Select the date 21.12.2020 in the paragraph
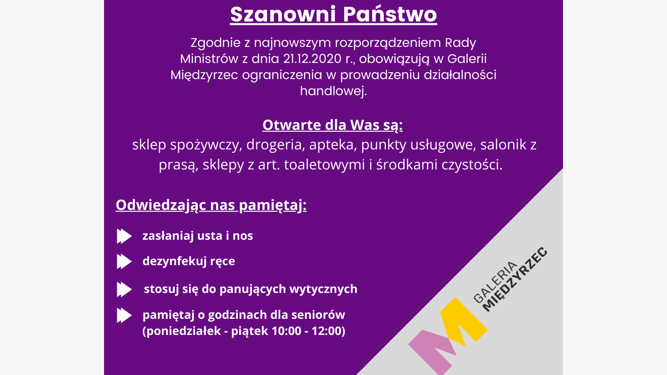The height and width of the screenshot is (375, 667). [312, 59]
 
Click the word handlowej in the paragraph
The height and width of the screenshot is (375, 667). [333, 90]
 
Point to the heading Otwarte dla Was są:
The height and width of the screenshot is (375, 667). [333, 125]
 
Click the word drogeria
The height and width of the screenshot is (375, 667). [274, 145]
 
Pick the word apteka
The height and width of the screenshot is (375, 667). [331, 145]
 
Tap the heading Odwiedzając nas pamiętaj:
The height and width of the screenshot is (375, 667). [211, 205]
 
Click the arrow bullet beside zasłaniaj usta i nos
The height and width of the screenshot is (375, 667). [124, 236]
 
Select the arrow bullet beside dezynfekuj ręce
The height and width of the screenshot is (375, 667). [124, 262]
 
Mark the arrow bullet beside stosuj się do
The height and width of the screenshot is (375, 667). [124, 290]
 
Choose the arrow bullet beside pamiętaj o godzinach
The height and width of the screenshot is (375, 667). [124, 315]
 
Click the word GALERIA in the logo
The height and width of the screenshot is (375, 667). [495, 282]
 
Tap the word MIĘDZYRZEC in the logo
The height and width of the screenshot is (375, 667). [515, 279]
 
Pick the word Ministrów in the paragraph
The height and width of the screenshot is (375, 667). [209, 59]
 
